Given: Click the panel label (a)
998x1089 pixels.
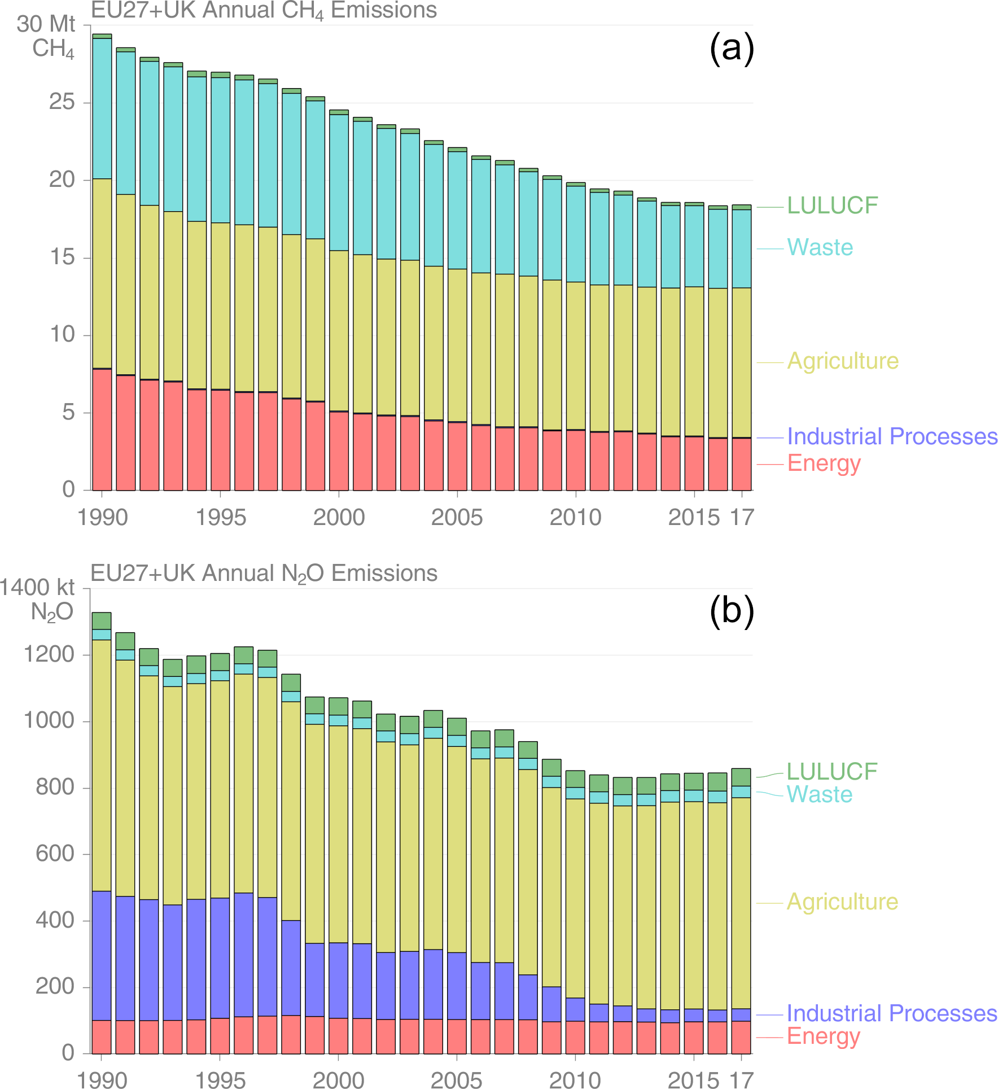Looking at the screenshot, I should [x=732, y=49].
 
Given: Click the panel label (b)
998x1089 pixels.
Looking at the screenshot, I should [x=732, y=611].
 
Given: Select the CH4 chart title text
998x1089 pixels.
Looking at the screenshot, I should [x=264, y=10].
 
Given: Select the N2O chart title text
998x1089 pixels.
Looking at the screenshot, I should [x=264, y=573].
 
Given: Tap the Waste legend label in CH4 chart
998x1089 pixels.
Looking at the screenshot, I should [x=820, y=247].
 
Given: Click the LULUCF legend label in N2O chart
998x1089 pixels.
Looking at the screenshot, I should [x=832, y=771].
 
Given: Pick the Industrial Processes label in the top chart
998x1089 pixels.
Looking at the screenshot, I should [x=892, y=436].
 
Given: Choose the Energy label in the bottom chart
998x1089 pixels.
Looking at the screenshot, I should [x=823, y=1036].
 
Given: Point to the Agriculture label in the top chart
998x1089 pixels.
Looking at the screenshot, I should [x=843, y=361].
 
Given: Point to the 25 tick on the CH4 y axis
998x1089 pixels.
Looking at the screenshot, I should [x=62, y=102].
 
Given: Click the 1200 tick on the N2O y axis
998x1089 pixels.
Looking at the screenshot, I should [x=49, y=654].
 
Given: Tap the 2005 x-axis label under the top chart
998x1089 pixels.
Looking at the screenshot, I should [x=457, y=517].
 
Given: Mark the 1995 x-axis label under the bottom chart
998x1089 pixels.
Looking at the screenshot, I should [x=220, y=1080].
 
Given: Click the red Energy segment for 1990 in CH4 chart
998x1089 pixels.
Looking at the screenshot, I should [x=102, y=429].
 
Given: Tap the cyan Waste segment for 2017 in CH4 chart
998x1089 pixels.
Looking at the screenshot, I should [x=741, y=248].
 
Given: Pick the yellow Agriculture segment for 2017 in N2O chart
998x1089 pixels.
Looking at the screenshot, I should [x=741, y=903].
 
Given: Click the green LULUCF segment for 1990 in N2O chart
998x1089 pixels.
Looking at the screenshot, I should [x=102, y=621].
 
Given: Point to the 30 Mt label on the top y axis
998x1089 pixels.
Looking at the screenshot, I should [x=46, y=24].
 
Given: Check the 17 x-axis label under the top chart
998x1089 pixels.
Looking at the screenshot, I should [x=742, y=517].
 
